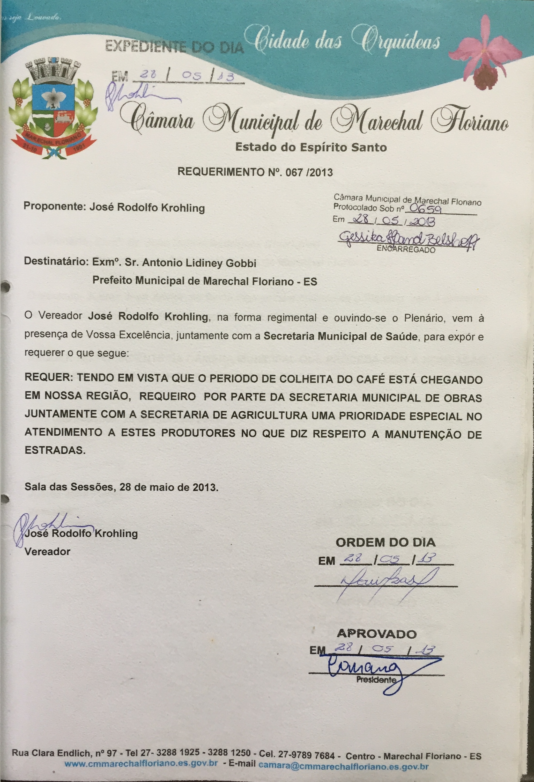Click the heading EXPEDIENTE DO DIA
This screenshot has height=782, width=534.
[174, 46]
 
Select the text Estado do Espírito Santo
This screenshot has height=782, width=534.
[311, 147]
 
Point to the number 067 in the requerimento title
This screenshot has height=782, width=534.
[293, 173]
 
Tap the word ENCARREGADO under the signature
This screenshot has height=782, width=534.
[406, 249]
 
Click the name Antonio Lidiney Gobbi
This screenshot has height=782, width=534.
[199, 263]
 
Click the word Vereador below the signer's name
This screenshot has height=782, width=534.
[47, 552]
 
